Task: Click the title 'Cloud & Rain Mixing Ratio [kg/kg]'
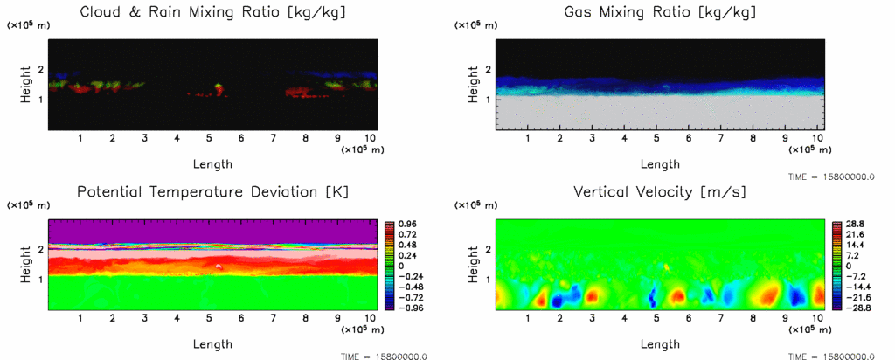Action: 212,13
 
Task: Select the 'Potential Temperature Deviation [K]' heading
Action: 212,192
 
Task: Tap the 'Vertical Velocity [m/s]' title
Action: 660,192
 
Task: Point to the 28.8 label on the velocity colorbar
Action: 854,225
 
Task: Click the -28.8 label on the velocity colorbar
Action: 856,308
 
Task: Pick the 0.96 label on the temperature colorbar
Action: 406,225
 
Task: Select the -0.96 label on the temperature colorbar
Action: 408,308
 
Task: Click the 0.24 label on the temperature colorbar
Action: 406,256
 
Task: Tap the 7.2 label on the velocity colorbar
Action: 852,256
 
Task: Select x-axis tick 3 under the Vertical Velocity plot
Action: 593,318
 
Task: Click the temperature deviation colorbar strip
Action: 391,267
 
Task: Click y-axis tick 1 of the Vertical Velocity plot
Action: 487,279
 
